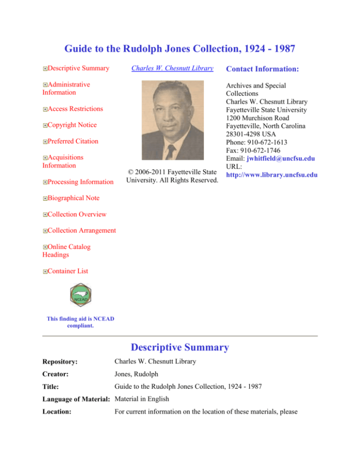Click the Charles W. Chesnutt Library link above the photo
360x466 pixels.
[x=172, y=68]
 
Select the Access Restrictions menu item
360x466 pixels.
[x=75, y=109]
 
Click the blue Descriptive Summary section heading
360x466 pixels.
[x=180, y=348]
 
